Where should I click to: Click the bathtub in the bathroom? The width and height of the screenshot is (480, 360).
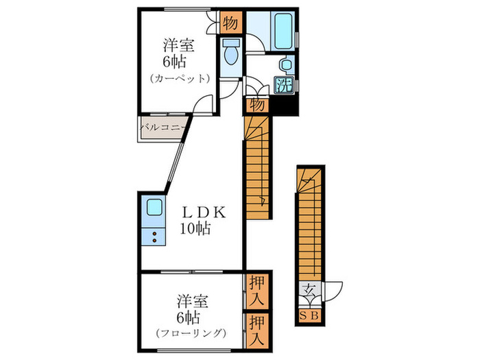click(283, 31)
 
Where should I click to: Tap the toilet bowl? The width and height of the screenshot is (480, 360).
click(231, 53)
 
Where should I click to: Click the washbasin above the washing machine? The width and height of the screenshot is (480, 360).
click(286, 64)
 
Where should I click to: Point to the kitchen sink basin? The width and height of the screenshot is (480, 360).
click(154, 207)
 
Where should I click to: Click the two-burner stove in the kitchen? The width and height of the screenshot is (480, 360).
click(154, 237)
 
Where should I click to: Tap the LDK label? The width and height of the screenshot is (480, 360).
click(204, 212)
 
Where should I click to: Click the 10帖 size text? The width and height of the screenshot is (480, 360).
click(195, 228)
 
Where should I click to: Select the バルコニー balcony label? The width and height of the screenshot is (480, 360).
click(163, 128)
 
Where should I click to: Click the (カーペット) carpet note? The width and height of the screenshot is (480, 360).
click(180, 79)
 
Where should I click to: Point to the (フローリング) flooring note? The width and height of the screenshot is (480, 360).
click(191, 333)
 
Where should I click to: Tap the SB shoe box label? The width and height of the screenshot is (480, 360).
click(309, 315)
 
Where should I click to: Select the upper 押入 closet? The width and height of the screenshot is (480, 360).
click(256, 291)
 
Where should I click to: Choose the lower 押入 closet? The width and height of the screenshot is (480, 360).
click(256, 331)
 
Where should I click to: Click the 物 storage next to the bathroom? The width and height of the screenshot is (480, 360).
click(231, 23)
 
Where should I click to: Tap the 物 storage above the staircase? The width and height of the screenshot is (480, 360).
click(256, 105)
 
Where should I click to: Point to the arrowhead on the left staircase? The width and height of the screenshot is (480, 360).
click(263, 201)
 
